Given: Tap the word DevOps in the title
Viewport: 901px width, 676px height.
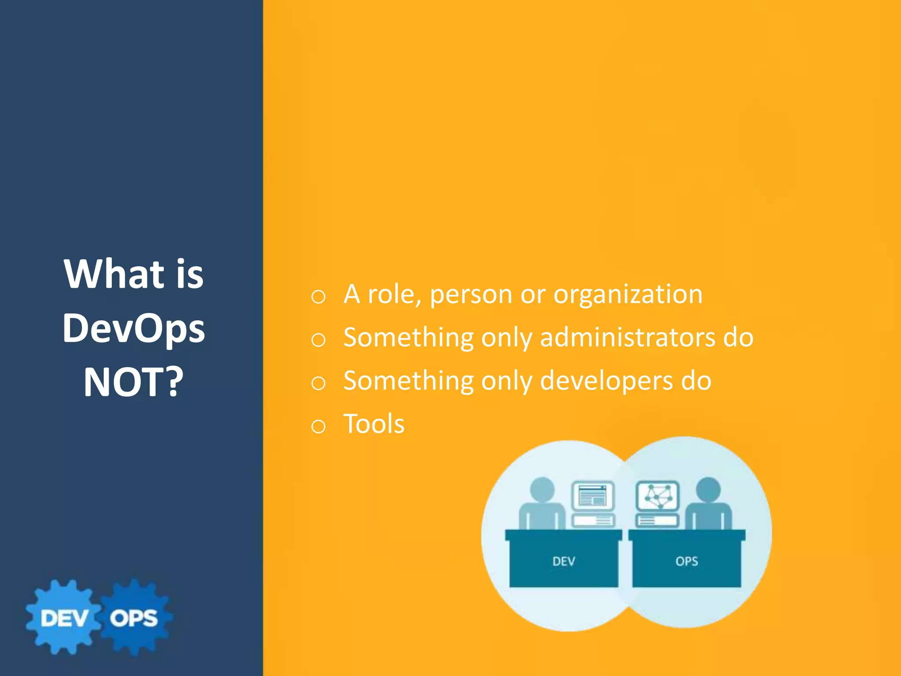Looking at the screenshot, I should click(x=133, y=329).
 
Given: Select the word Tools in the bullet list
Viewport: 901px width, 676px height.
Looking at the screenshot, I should click(x=374, y=424).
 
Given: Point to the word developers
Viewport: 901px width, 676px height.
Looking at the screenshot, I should click(x=606, y=381).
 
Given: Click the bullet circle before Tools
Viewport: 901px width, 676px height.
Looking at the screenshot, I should click(x=318, y=426).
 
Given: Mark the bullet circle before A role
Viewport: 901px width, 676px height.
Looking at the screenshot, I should click(x=318, y=297).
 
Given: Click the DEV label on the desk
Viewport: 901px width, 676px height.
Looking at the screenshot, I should click(x=564, y=561).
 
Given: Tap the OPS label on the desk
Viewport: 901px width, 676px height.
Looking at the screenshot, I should click(x=686, y=561).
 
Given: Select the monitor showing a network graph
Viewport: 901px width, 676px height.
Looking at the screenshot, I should click(x=658, y=496).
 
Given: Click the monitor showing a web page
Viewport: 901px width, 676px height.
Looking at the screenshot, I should click(x=593, y=496).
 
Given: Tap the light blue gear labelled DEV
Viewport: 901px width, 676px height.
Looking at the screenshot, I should click(x=64, y=617).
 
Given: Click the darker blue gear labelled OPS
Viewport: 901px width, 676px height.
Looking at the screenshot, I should click(x=134, y=617).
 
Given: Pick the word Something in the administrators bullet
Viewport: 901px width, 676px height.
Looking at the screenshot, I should click(x=408, y=338).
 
